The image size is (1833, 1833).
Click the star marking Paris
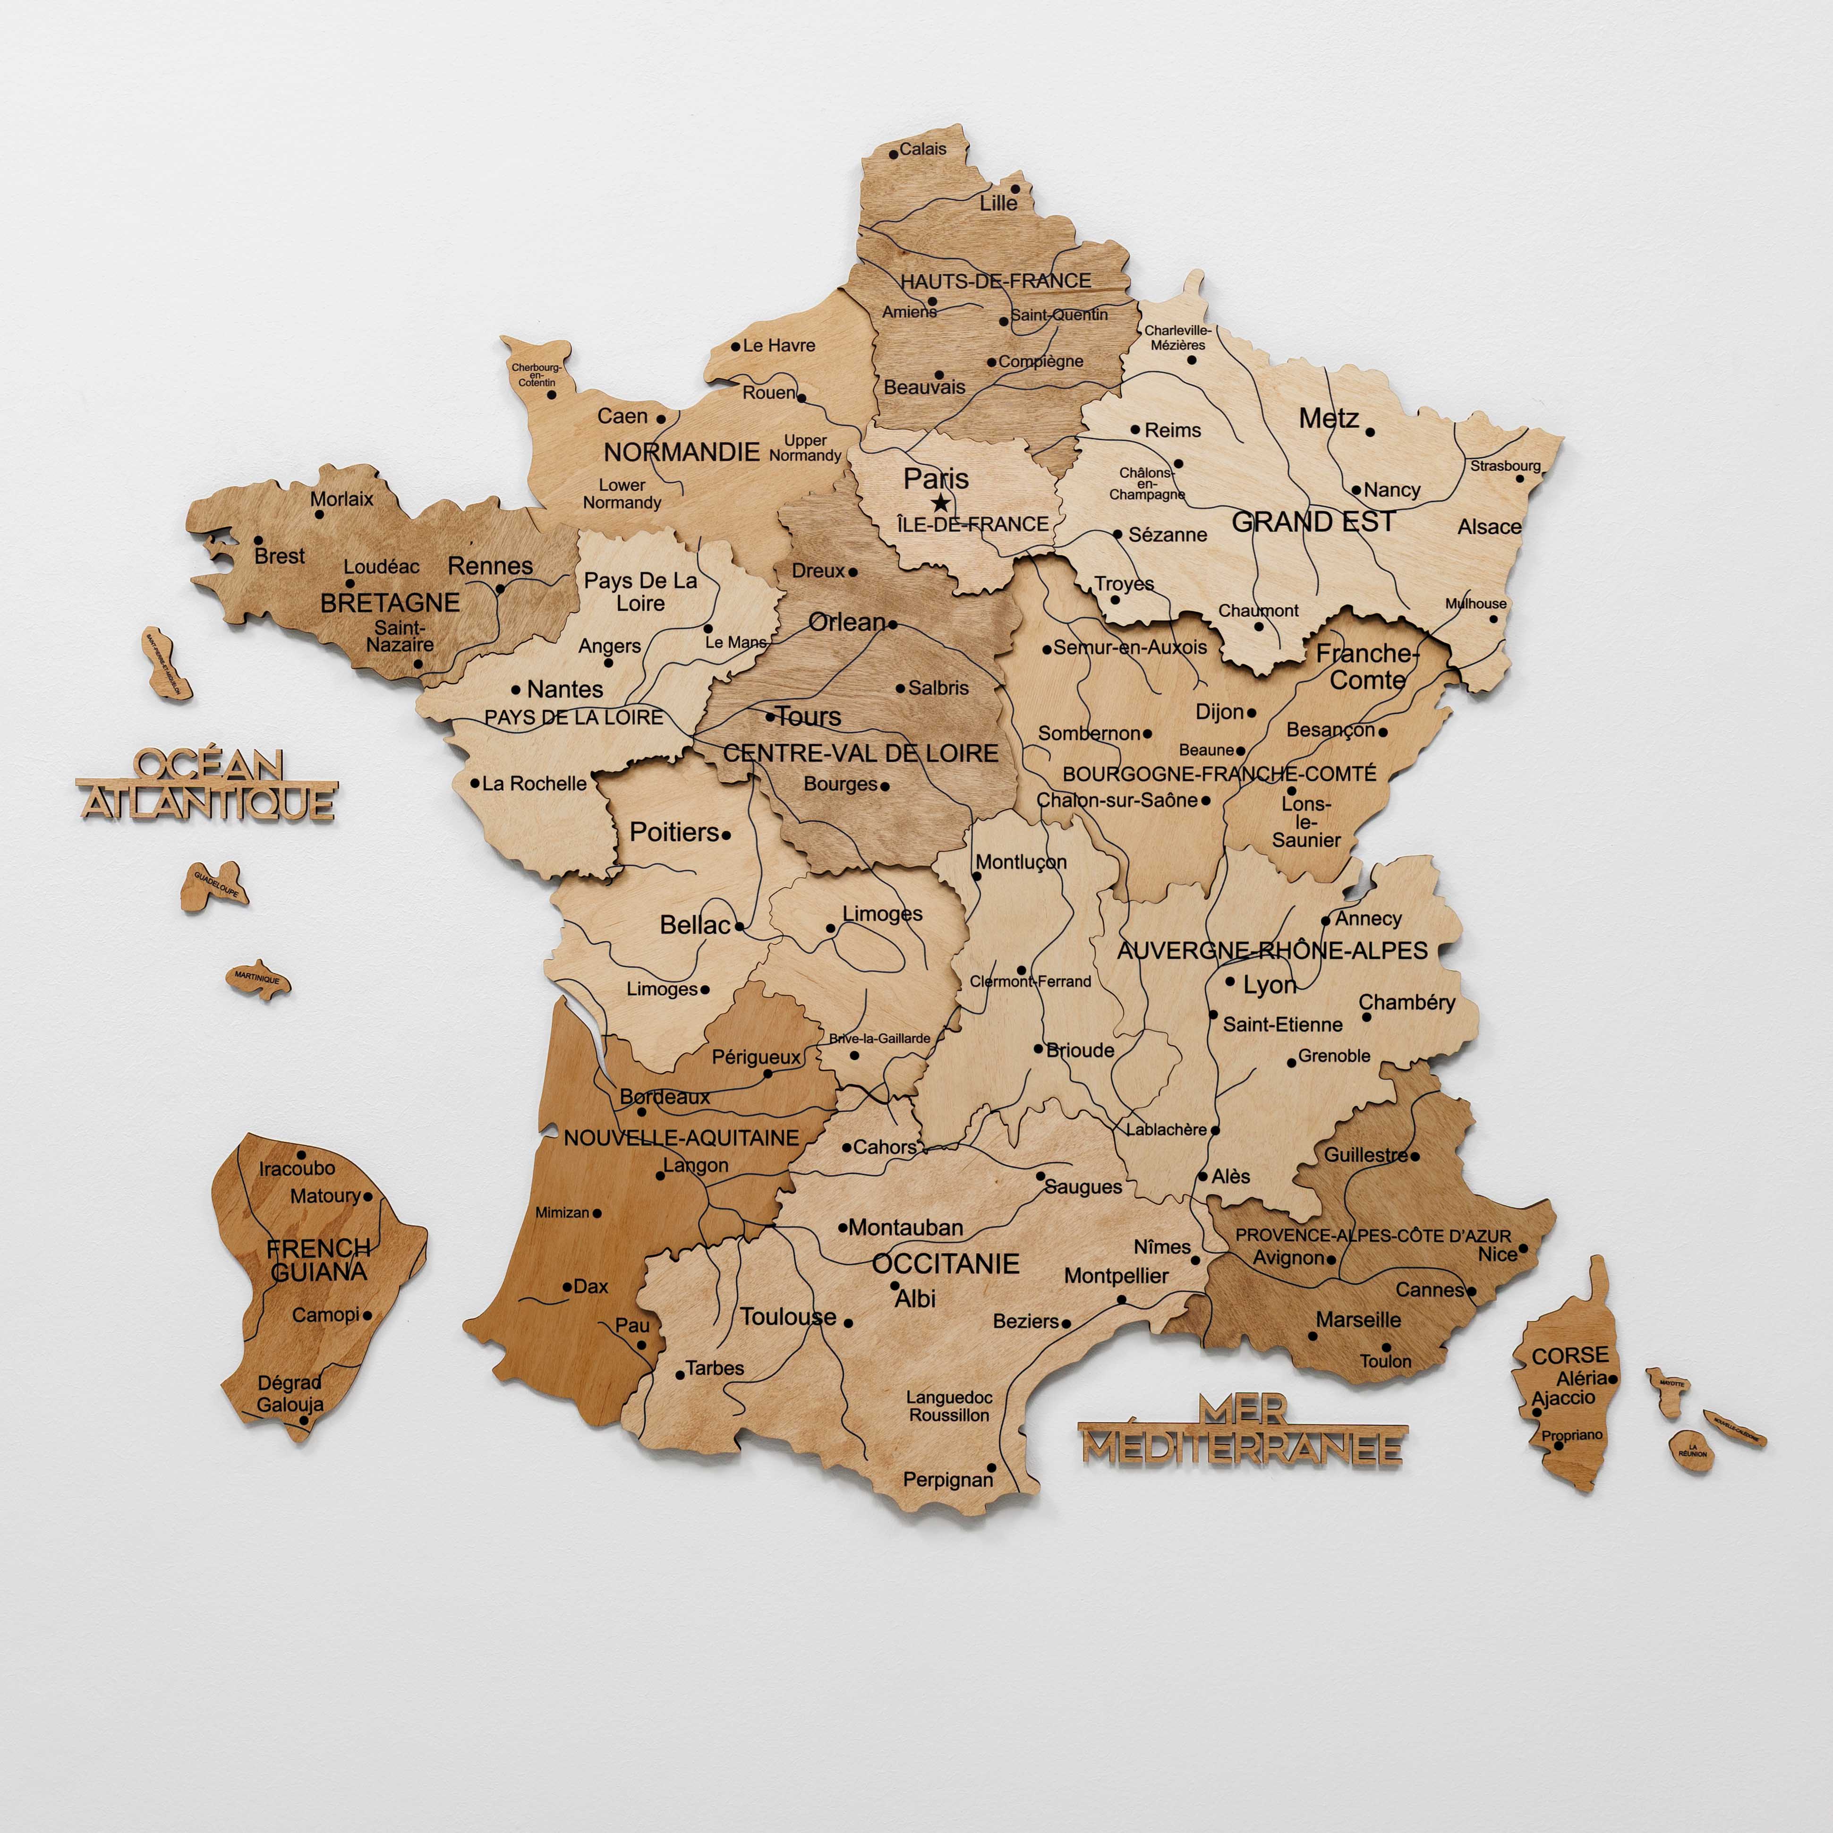[x=939, y=503]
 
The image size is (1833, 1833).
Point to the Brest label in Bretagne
[x=280, y=556]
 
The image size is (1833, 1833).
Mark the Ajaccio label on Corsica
[x=1564, y=1398]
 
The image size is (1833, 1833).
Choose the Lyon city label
[x=1270, y=985]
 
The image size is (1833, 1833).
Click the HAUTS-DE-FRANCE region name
[x=995, y=281]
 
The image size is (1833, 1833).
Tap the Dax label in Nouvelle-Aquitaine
[x=590, y=1287]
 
